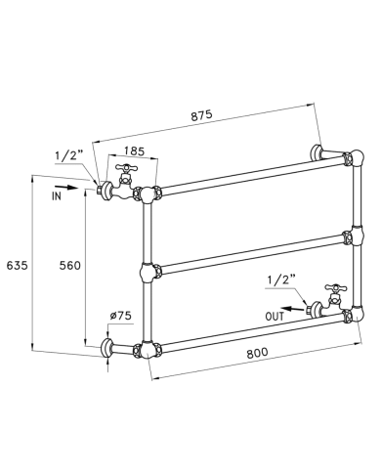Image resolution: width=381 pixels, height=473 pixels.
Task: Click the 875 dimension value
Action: (x=201, y=115)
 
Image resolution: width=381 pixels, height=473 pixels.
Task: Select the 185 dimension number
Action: (x=134, y=151)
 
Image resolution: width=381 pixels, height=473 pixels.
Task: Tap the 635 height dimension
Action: (x=18, y=266)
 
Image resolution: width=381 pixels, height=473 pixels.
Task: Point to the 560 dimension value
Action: (x=69, y=266)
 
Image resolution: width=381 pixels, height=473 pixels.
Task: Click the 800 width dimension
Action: (x=257, y=352)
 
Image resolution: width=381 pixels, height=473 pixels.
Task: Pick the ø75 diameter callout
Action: (x=120, y=316)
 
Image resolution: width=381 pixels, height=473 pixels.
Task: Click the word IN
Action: (x=57, y=196)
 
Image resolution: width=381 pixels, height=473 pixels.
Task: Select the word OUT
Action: (x=275, y=317)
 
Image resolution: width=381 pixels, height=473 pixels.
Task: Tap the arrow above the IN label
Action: (x=66, y=188)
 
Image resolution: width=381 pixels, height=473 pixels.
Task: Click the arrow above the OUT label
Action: (x=293, y=309)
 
